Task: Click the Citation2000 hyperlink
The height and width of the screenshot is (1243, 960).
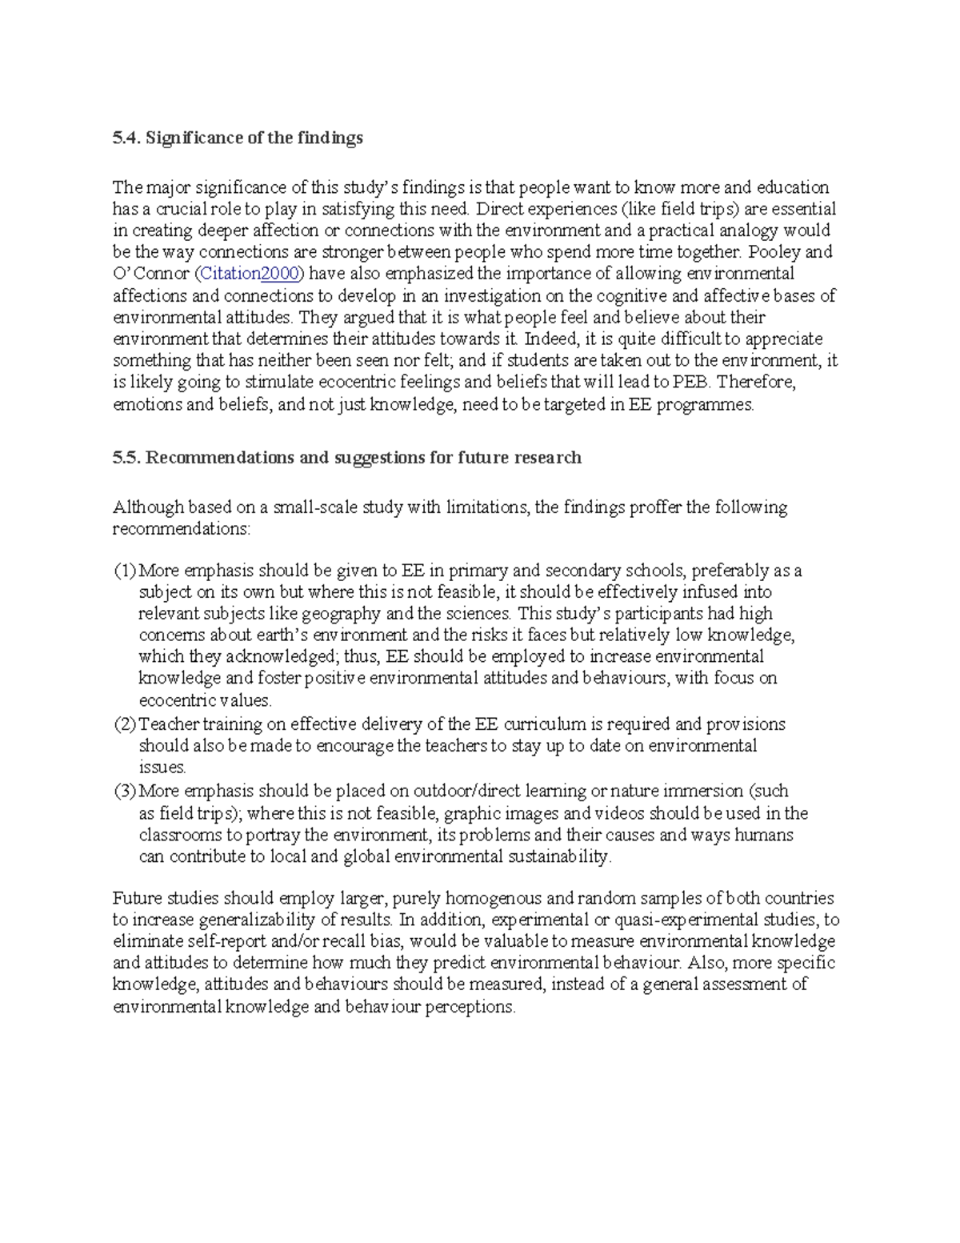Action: tap(249, 274)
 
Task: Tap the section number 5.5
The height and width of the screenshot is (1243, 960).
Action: tap(126, 458)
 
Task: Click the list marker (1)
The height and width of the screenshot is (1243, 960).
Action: tap(125, 571)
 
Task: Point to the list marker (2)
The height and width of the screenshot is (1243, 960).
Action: tap(125, 724)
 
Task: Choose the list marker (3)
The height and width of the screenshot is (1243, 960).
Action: tap(125, 792)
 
